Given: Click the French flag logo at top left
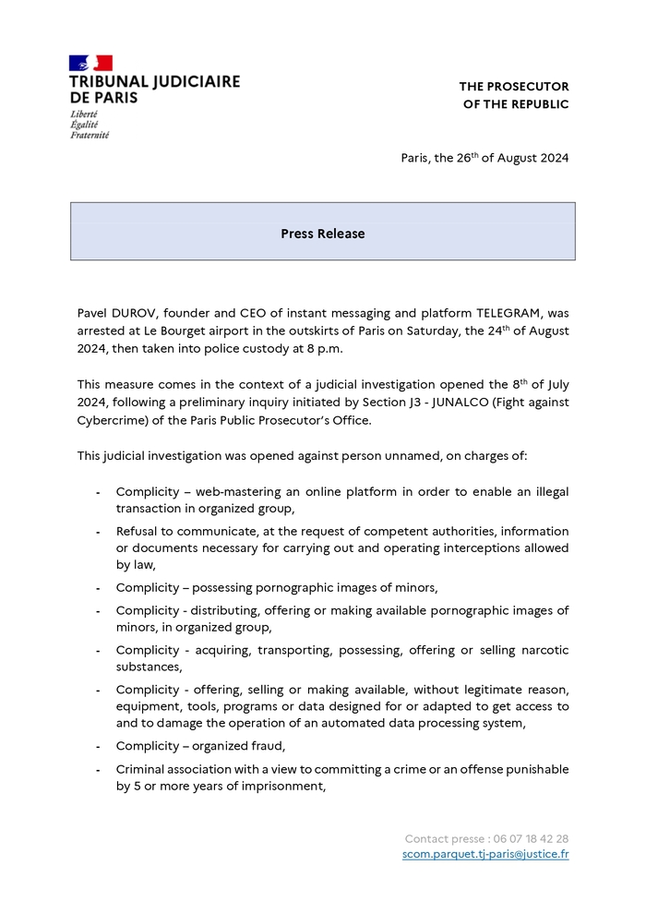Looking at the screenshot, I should tap(90, 63).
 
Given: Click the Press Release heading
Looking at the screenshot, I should tap(322, 234).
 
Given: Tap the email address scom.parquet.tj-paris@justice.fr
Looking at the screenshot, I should tap(485, 854).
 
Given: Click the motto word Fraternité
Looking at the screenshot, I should tap(90, 135).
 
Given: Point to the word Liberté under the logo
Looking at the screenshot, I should tap(84, 114).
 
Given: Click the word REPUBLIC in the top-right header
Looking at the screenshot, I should tap(533, 104).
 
